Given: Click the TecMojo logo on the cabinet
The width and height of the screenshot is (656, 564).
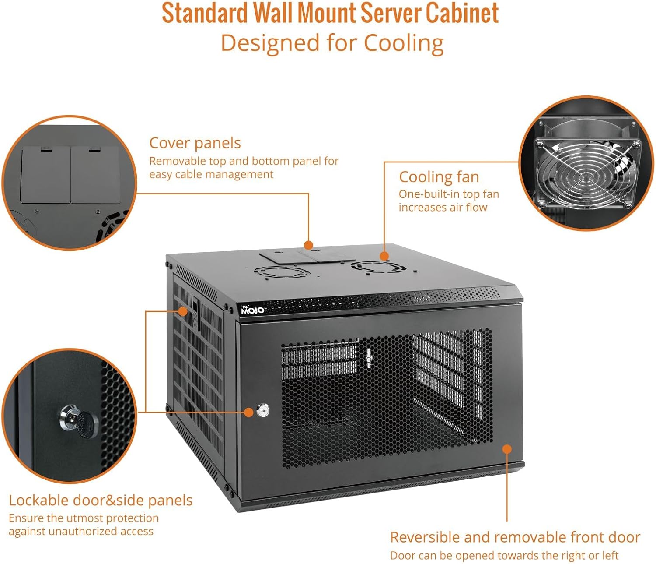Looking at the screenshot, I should [x=252, y=310].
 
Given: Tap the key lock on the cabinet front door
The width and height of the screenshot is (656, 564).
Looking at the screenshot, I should [x=262, y=411].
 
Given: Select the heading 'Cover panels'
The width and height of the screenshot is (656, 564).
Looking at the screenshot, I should [x=195, y=143].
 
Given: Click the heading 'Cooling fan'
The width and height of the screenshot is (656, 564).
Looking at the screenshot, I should [x=439, y=177].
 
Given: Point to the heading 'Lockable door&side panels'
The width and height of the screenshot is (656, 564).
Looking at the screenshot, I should [x=101, y=500].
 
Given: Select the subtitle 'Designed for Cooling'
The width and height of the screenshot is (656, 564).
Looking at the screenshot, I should [x=332, y=43].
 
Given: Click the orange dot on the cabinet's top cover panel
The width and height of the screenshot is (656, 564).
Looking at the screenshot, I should [x=308, y=245].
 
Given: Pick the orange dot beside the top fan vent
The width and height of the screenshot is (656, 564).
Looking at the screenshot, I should [x=384, y=256].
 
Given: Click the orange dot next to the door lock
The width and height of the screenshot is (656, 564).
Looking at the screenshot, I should [x=248, y=412].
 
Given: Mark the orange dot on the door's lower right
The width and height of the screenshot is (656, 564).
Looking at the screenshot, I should [x=507, y=449].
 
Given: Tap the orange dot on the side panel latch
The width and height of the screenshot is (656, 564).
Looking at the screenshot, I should [x=183, y=311].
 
